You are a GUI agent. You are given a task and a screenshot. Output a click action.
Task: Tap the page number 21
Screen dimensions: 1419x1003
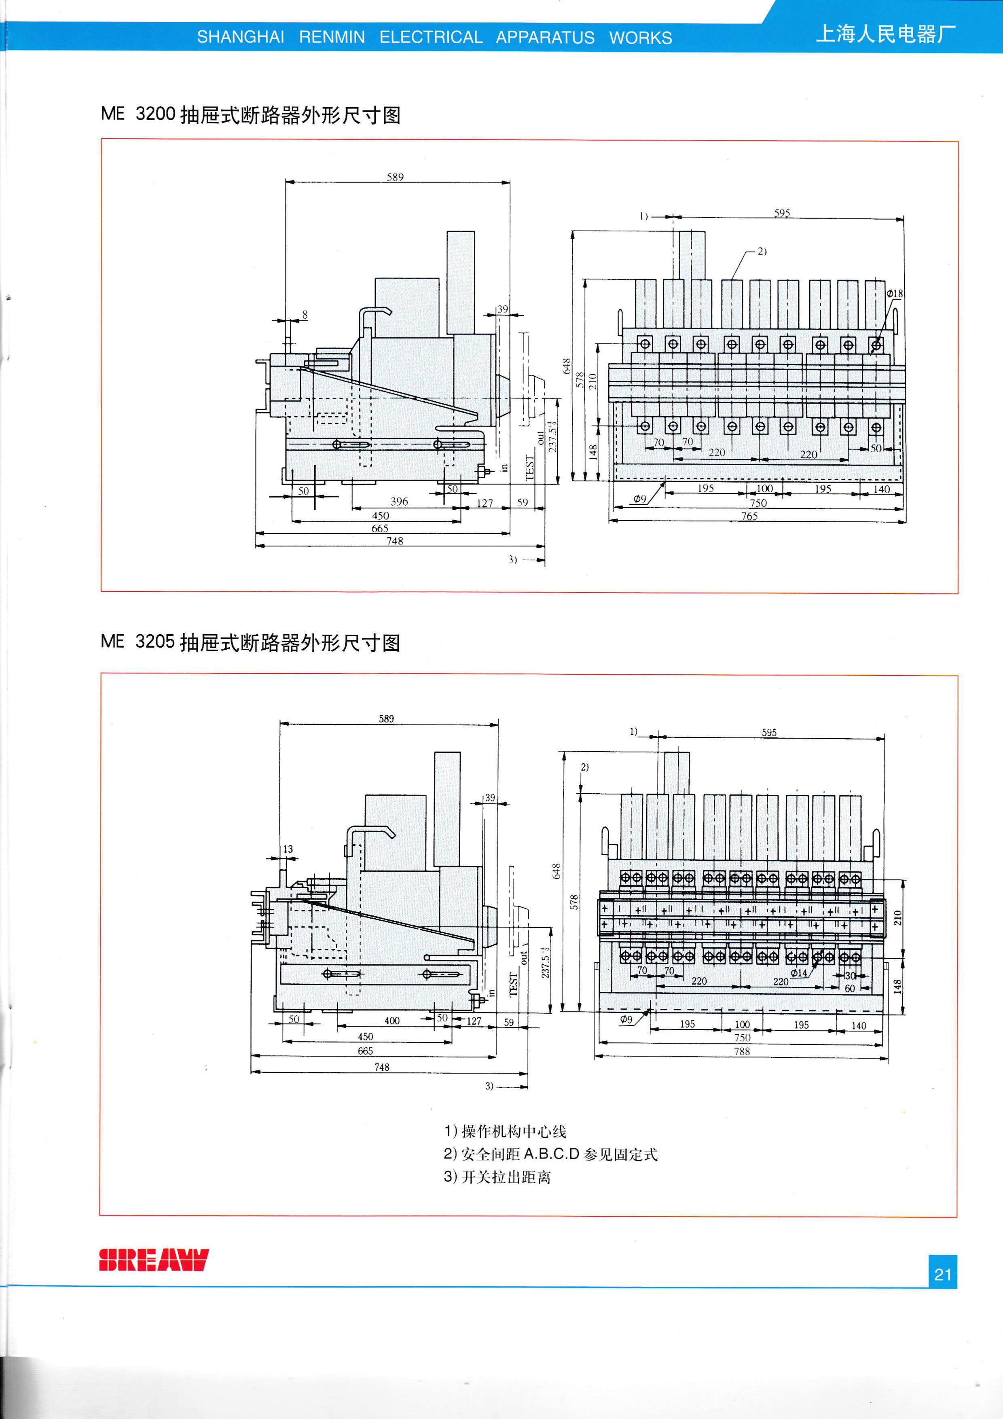pos(942,1274)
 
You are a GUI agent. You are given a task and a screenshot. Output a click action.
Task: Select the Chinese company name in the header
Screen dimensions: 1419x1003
pos(886,34)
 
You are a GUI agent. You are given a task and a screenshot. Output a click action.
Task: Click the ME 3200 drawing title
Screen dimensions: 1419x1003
pos(250,114)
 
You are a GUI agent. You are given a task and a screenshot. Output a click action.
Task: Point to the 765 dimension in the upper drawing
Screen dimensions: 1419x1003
pos(749,516)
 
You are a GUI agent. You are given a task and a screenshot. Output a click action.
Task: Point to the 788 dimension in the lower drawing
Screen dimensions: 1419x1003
pos(742,1051)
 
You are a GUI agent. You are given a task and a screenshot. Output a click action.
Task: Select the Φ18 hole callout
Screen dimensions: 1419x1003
pos(894,294)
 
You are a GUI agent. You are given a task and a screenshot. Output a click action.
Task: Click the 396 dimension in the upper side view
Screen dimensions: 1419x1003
pos(399,501)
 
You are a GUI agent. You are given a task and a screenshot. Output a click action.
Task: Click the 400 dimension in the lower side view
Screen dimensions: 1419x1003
pos(392,1021)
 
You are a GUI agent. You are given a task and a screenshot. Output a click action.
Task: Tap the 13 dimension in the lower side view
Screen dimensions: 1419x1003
pos(288,849)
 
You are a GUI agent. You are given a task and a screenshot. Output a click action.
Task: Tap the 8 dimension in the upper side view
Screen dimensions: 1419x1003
pos(305,315)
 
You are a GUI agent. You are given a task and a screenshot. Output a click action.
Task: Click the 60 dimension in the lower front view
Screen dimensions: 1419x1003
pos(850,988)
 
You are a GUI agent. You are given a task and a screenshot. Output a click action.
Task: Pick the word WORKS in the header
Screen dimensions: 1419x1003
pos(640,38)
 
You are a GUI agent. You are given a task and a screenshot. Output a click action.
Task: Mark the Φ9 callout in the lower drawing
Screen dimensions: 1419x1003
pos(626,1019)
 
